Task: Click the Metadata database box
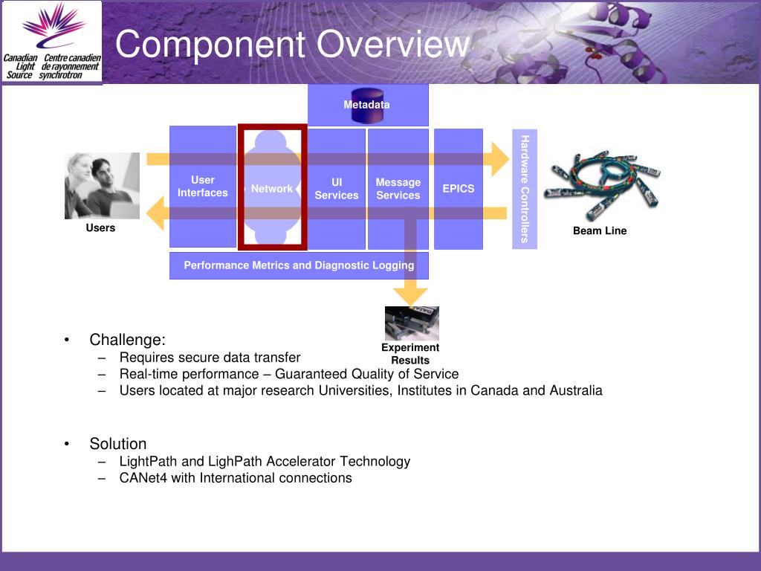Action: tap(367, 105)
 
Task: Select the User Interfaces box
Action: tap(202, 187)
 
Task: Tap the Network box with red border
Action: tap(272, 188)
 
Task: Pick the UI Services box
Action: tap(337, 189)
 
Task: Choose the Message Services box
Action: tap(398, 189)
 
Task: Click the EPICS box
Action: tap(459, 189)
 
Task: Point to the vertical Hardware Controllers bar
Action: tap(525, 189)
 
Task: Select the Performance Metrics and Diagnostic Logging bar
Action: tap(299, 265)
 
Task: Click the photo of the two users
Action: tap(102, 186)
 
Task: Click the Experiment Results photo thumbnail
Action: tap(412, 323)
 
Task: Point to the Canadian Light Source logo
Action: tap(52, 42)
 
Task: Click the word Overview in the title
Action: tap(393, 45)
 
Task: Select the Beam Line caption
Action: tap(600, 231)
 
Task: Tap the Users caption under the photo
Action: tap(100, 228)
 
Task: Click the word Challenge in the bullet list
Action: tap(126, 340)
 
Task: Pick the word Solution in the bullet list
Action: tap(118, 444)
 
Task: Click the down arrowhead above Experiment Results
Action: tap(411, 295)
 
